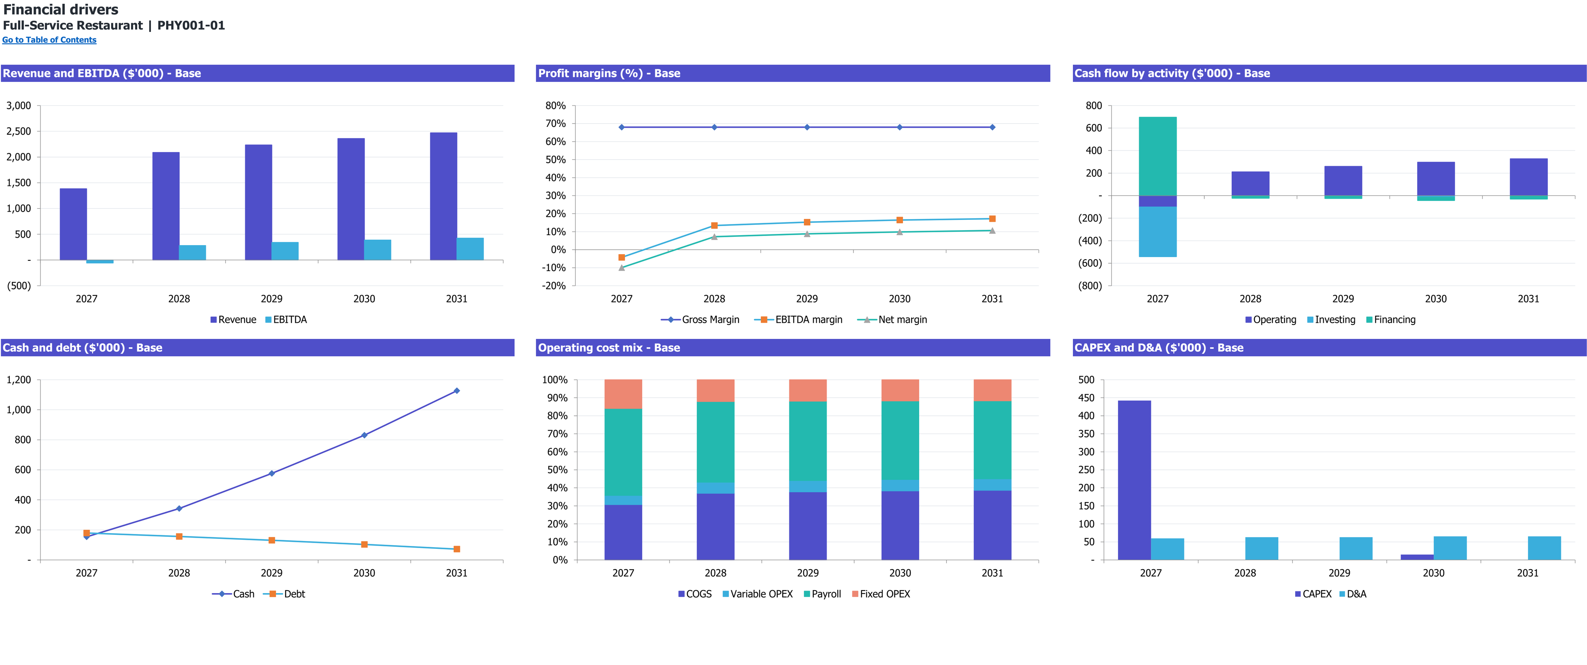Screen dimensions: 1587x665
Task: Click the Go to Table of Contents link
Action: pyautogui.click(x=49, y=40)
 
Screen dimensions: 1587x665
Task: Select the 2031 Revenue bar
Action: pyautogui.click(x=443, y=196)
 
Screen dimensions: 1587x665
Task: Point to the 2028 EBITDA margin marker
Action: pyautogui.click(x=714, y=226)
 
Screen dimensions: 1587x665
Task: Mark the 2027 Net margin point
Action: pyautogui.click(x=622, y=267)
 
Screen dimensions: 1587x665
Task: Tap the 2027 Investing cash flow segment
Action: pyautogui.click(x=1158, y=232)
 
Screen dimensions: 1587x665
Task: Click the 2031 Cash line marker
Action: pyautogui.click(x=457, y=391)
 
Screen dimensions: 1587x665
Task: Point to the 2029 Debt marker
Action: pyautogui.click(x=272, y=541)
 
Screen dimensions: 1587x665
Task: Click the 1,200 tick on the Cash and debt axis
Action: pyautogui.click(x=19, y=380)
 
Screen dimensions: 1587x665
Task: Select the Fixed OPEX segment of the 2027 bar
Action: pyautogui.click(x=623, y=394)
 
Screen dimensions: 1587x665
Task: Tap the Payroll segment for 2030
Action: pyautogui.click(x=900, y=441)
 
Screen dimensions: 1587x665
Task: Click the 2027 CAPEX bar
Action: pyautogui.click(x=1134, y=480)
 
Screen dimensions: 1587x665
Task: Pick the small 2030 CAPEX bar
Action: pyautogui.click(x=1417, y=557)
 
